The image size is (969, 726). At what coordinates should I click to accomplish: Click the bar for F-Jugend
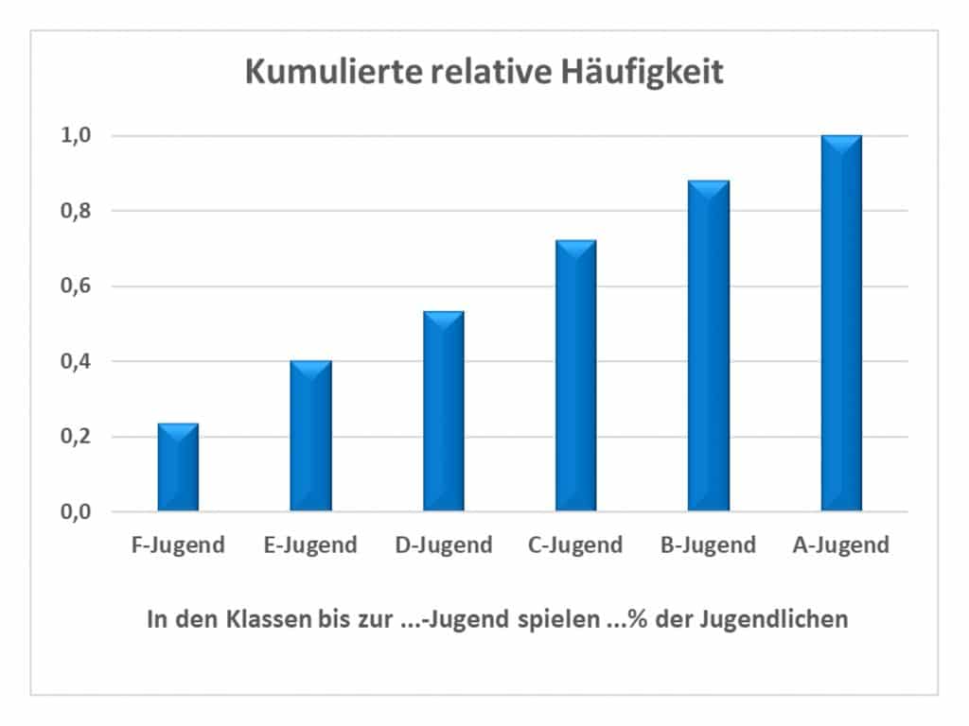[x=178, y=468]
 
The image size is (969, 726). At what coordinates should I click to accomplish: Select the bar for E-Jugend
[x=310, y=437]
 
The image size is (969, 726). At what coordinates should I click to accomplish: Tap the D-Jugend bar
[x=443, y=412]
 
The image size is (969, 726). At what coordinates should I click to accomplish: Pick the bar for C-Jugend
[x=576, y=376]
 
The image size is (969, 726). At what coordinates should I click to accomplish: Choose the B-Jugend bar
[x=709, y=346]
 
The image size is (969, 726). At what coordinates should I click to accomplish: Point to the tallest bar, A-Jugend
[x=841, y=323]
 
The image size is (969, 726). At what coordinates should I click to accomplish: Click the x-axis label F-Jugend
[x=178, y=545]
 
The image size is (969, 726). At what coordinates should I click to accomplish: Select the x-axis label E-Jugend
[x=310, y=545]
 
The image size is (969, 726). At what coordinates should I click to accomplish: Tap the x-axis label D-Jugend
[x=443, y=545]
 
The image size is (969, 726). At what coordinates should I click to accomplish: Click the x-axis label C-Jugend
[x=576, y=545]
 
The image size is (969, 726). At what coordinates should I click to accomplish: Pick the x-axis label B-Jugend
[x=709, y=545]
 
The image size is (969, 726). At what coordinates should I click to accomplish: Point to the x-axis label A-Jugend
[x=841, y=545]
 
